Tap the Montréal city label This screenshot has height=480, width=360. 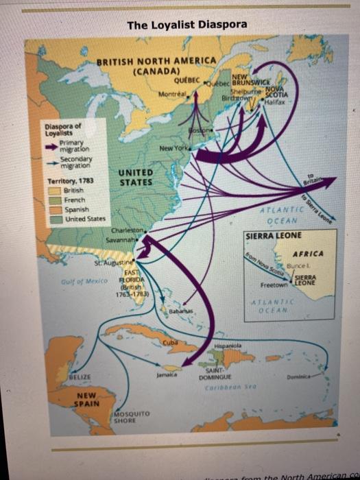click(x=171, y=93)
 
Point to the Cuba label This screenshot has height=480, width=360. click(x=169, y=341)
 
